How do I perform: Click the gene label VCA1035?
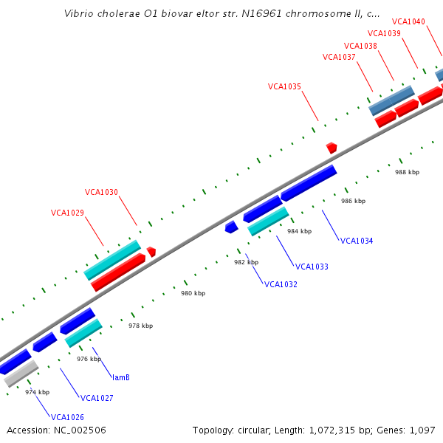tap(284, 86)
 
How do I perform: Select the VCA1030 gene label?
tap(101, 192)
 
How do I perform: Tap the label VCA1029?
tap(67, 213)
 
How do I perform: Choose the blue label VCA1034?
tap(357, 241)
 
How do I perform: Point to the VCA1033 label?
tap(312, 267)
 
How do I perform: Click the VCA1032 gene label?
tap(281, 284)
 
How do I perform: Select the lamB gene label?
tap(121, 377)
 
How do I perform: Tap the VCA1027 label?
tap(97, 398)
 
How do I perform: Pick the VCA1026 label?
tap(67, 417)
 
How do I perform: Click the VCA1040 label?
tap(408, 21)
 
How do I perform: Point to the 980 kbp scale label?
tap(193, 293)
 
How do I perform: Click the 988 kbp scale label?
tap(407, 172)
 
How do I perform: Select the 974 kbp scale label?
tap(37, 392)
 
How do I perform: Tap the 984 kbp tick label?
tap(300, 231)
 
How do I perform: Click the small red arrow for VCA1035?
tap(332, 148)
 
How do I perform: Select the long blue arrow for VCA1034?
tap(309, 182)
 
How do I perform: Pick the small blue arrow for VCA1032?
tap(231, 227)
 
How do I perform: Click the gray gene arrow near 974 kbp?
tap(21, 374)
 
